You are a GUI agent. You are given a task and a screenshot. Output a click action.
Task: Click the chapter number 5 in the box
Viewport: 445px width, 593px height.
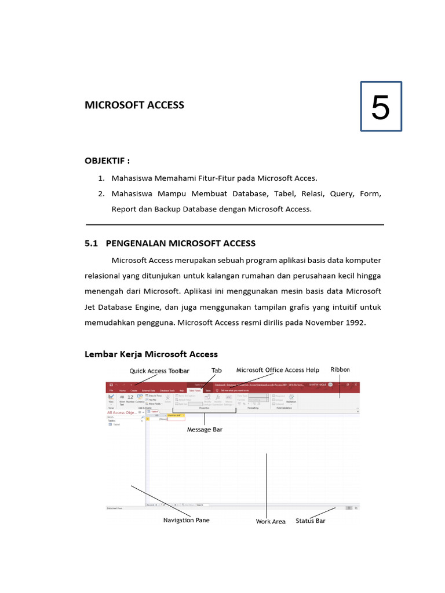pyautogui.click(x=380, y=107)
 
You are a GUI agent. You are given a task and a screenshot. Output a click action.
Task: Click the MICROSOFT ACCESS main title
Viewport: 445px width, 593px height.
pyautogui.click(x=134, y=105)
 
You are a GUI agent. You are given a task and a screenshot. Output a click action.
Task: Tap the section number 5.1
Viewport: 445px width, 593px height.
pyautogui.click(x=92, y=243)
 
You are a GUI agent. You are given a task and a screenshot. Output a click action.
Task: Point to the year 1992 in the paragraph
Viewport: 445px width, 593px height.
pyautogui.click(x=354, y=322)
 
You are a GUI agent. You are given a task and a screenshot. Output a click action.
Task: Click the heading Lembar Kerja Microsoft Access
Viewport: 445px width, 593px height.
pyautogui.click(x=151, y=354)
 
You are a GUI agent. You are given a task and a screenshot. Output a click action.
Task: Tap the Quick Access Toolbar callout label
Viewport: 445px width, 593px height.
pyautogui.click(x=155, y=371)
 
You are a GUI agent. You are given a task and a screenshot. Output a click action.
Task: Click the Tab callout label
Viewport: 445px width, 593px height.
pyautogui.click(x=216, y=370)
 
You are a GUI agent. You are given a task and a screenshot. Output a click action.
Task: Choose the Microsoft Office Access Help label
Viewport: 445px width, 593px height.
pyautogui.click(x=278, y=369)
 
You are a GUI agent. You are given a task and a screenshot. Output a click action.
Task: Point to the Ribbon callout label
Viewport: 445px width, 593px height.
pyautogui.click(x=340, y=369)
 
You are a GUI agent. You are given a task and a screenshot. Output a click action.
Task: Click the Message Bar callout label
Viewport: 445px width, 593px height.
pyautogui.click(x=205, y=430)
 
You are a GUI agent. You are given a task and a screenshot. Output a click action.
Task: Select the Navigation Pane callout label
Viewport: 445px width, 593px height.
pyautogui.click(x=186, y=520)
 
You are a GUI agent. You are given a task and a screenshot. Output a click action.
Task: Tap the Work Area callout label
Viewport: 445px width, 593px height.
pyautogui.click(x=271, y=521)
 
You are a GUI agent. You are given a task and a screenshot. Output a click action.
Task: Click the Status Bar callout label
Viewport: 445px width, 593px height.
pyautogui.click(x=311, y=521)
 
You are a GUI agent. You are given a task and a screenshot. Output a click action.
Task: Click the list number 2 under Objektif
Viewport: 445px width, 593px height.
pyautogui.click(x=101, y=193)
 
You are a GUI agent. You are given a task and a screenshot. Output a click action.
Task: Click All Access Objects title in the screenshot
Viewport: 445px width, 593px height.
pyautogui.click(x=121, y=412)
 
